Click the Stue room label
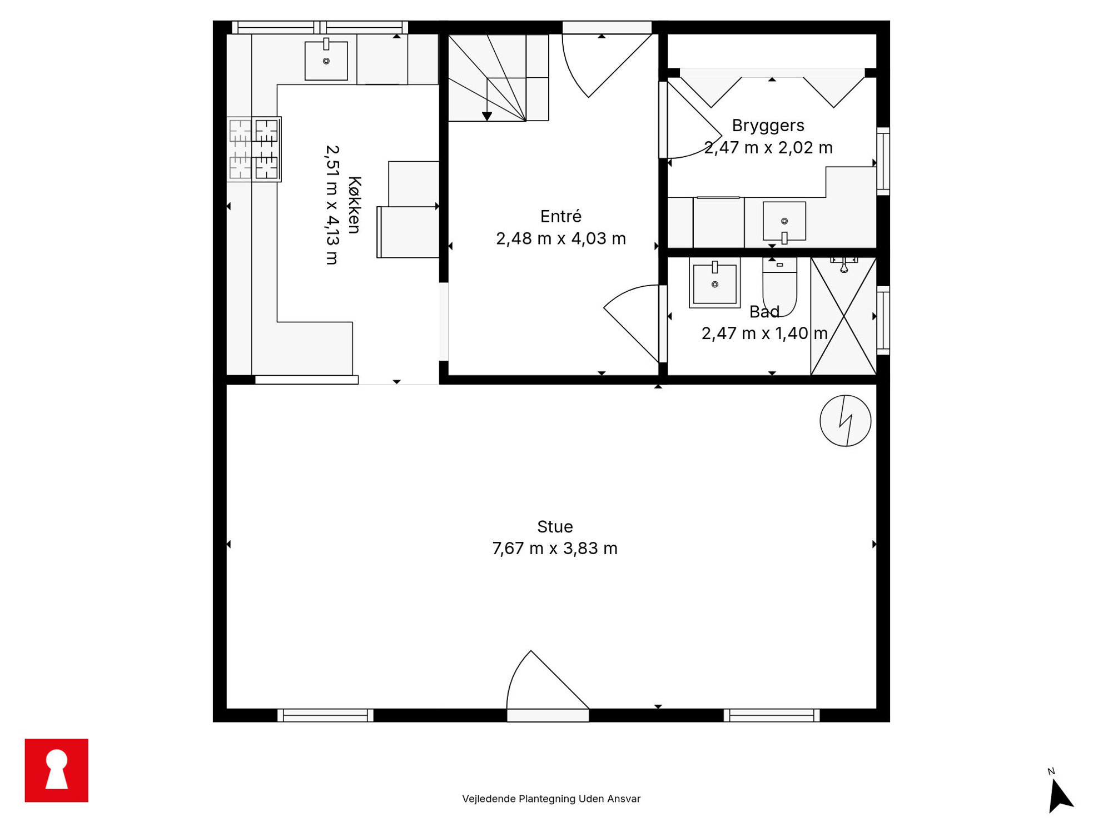(x=555, y=526)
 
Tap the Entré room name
(x=561, y=216)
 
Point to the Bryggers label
(x=768, y=126)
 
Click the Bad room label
(x=764, y=312)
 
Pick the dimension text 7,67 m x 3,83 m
(x=555, y=549)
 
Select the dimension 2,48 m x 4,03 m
(x=561, y=238)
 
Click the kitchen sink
(x=326, y=59)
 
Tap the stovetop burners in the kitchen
(x=254, y=149)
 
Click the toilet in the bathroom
(x=779, y=286)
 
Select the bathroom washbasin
(x=715, y=283)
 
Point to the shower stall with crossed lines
(x=843, y=316)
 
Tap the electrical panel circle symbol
(x=845, y=421)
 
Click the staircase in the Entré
(x=499, y=78)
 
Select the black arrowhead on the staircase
(x=487, y=116)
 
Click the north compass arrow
(x=1060, y=796)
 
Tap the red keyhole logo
(x=57, y=770)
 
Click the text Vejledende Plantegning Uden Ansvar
(x=551, y=799)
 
